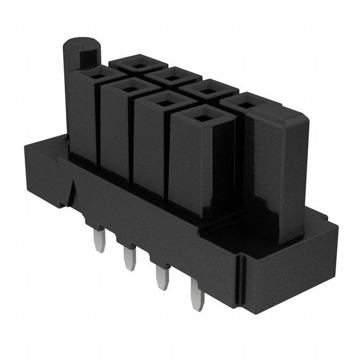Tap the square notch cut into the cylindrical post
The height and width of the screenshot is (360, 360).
[x=88, y=57]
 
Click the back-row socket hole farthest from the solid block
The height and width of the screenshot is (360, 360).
[x=136, y=62]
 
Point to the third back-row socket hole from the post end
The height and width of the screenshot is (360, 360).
[x=202, y=87]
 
